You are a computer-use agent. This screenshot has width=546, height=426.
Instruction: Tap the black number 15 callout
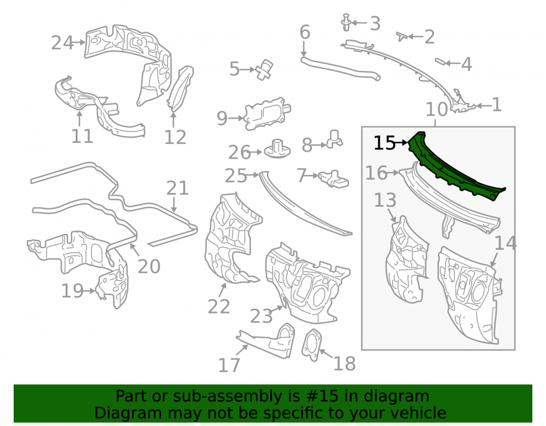click(x=384, y=143)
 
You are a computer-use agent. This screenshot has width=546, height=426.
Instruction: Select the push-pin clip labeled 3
click(x=346, y=22)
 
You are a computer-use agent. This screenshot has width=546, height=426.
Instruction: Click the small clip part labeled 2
click(x=402, y=36)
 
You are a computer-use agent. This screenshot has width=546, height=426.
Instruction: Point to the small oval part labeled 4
click(x=440, y=62)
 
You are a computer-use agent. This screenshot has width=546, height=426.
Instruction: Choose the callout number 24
click(x=62, y=43)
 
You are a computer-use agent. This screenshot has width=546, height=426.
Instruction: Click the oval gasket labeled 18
click(x=312, y=344)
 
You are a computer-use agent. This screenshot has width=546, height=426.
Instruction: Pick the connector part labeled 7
click(x=334, y=179)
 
